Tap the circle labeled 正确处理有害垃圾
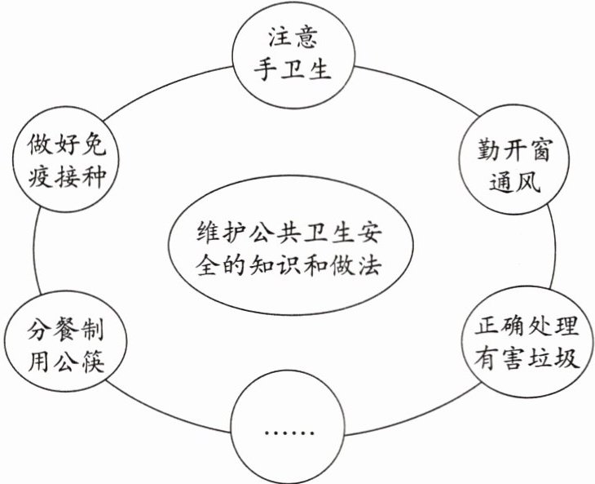click(527, 344)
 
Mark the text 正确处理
click(527, 327)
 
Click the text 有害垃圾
click(527, 360)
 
